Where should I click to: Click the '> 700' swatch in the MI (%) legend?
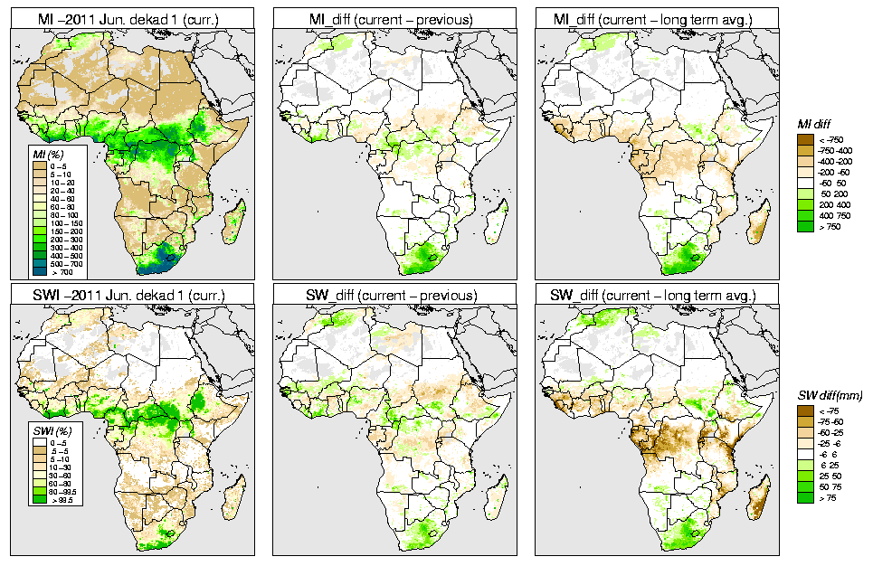click(39, 271)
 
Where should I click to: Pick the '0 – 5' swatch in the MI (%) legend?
click(39, 166)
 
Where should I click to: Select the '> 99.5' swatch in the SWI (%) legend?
click(39, 498)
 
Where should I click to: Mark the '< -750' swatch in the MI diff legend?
click(806, 139)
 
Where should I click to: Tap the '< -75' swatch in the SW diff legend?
click(806, 411)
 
